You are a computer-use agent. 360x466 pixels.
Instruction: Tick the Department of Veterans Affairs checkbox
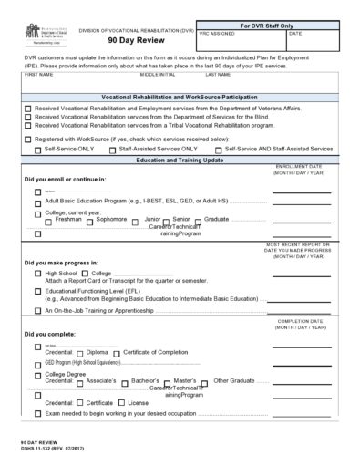click(x=27, y=108)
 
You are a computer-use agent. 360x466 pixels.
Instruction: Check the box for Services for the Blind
click(x=27, y=117)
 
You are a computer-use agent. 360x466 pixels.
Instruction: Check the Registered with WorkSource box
click(x=27, y=139)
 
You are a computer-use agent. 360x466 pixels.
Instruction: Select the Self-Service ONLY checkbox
click(x=37, y=148)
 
